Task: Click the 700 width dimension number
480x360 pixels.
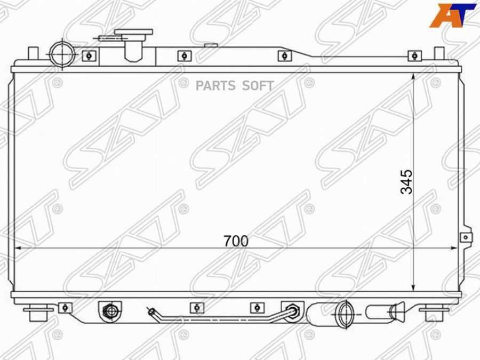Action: pyautogui.click(x=236, y=241)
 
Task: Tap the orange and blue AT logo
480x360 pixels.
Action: pyautogui.click(x=453, y=15)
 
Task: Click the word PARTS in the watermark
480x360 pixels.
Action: pyautogui.click(x=215, y=86)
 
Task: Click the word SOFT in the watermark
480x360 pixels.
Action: pyautogui.click(x=258, y=86)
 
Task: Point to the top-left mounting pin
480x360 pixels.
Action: pyautogui.click(x=33, y=53)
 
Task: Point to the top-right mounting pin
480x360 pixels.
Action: pyautogui.click(x=439, y=53)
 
